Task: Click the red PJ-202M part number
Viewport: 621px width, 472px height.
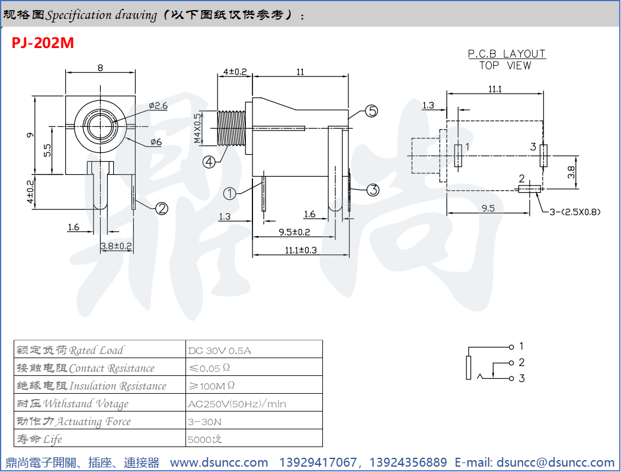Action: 43,43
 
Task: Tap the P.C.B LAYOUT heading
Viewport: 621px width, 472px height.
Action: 507,54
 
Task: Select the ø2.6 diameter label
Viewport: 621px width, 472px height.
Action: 158,106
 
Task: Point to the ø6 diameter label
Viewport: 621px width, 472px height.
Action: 156,142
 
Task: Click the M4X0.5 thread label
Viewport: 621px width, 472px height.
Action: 198,129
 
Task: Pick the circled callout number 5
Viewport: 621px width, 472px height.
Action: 372,111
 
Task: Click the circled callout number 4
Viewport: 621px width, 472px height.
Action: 209,161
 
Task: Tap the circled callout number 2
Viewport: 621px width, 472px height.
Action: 162,208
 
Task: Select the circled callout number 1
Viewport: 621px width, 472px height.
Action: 231,193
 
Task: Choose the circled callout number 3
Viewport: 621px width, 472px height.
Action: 373,190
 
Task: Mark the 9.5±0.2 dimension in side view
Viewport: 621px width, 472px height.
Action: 295,232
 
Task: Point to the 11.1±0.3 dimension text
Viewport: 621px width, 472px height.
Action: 300,250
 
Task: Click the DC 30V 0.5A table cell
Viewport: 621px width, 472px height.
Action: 219,350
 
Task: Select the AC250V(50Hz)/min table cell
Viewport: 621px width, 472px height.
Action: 236,404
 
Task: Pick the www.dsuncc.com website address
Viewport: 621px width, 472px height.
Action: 219,463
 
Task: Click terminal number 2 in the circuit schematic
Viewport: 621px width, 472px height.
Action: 521,362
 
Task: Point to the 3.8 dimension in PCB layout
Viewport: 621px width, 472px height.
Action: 571,173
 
